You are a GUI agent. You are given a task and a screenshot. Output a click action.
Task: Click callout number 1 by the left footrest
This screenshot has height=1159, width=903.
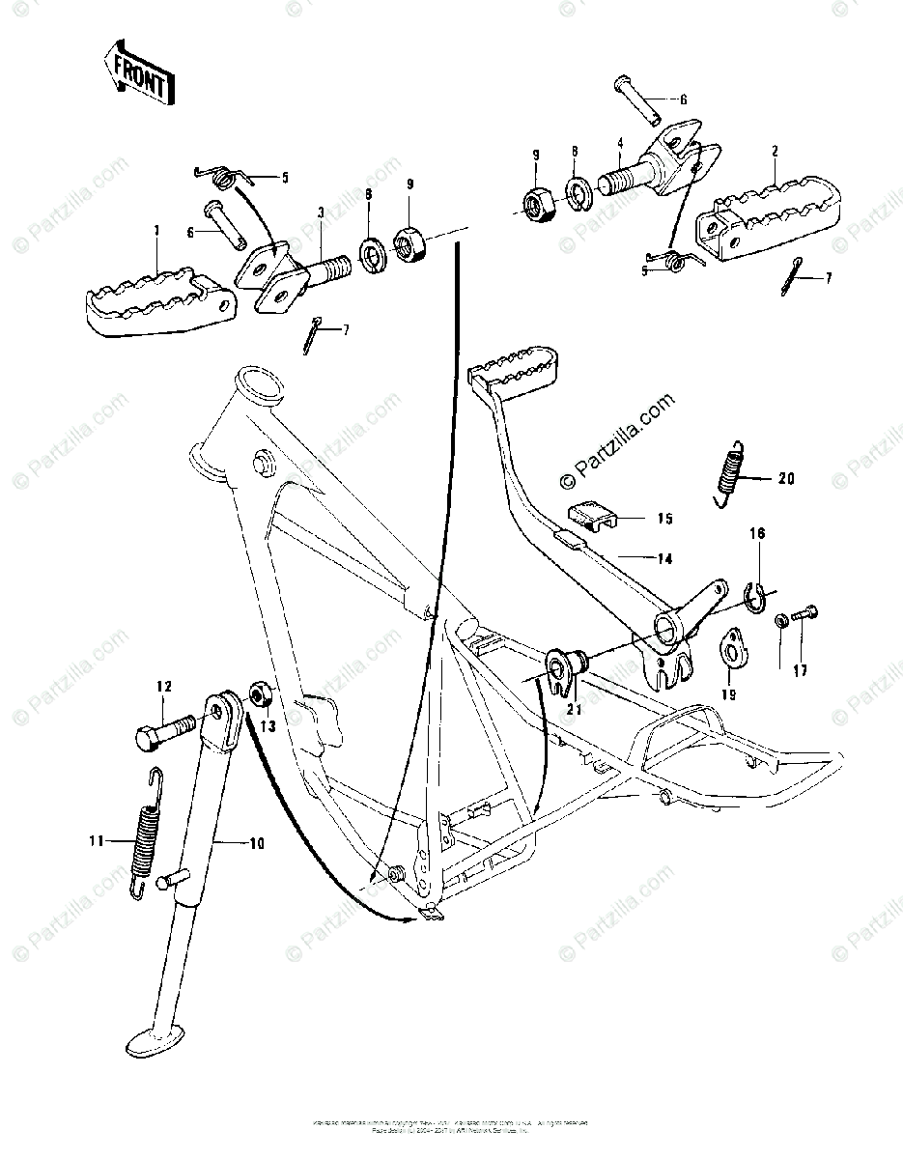[x=157, y=232]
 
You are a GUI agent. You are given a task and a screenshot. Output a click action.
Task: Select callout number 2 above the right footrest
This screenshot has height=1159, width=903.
[x=775, y=152]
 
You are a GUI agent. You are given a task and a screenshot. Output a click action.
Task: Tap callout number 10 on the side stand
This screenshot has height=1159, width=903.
[x=255, y=844]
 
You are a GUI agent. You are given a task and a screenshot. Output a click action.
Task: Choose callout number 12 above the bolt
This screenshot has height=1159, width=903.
[x=164, y=687]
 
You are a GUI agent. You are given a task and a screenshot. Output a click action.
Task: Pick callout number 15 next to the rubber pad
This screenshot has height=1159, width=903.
[x=664, y=519]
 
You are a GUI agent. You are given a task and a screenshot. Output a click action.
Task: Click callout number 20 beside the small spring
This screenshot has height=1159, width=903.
[x=784, y=477]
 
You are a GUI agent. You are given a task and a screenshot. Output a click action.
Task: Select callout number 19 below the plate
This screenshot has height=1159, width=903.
[x=727, y=694]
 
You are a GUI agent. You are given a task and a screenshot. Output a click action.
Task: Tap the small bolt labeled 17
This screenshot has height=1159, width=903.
[x=804, y=613]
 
